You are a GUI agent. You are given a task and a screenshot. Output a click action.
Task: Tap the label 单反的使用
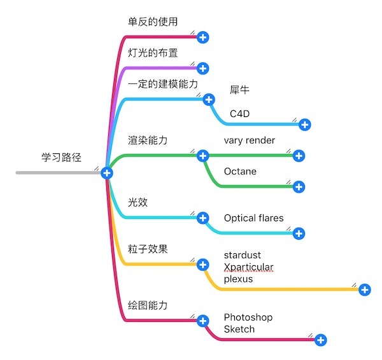[x=152, y=21]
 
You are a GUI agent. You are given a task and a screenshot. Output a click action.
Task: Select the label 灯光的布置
[x=152, y=52]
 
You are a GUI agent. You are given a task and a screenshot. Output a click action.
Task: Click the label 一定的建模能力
[x=163, y=83]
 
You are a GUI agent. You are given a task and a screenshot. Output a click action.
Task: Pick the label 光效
[x=138, y=202]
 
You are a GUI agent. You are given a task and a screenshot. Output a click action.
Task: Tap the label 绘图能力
[x=148, y=305]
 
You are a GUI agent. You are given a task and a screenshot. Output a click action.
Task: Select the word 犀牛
[x=239, y=90]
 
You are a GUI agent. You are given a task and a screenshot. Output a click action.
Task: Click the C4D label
[x=240, y=113]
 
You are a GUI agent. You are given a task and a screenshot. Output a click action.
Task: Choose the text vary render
[x=250, y=140]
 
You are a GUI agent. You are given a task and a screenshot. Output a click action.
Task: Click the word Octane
[x=240, y=171]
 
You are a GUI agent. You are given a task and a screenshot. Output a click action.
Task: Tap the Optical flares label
[x=253, y=218]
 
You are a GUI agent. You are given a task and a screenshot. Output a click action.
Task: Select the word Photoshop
[x=248, y=317]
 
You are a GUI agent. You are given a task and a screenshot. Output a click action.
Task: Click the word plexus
[x=238, y=279]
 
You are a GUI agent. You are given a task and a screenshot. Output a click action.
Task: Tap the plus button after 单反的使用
[x=203, y=37]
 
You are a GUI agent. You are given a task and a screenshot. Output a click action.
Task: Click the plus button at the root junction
[x=107, y=172]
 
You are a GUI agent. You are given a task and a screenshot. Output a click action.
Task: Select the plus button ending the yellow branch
[x=365, y=289]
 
